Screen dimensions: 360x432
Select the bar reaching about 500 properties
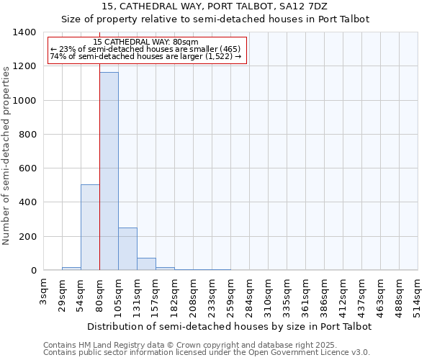90,228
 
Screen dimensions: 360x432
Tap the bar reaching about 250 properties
127,249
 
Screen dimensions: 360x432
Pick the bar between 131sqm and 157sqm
146,264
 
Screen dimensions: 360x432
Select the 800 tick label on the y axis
29,135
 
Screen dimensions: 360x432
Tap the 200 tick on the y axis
29,237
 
